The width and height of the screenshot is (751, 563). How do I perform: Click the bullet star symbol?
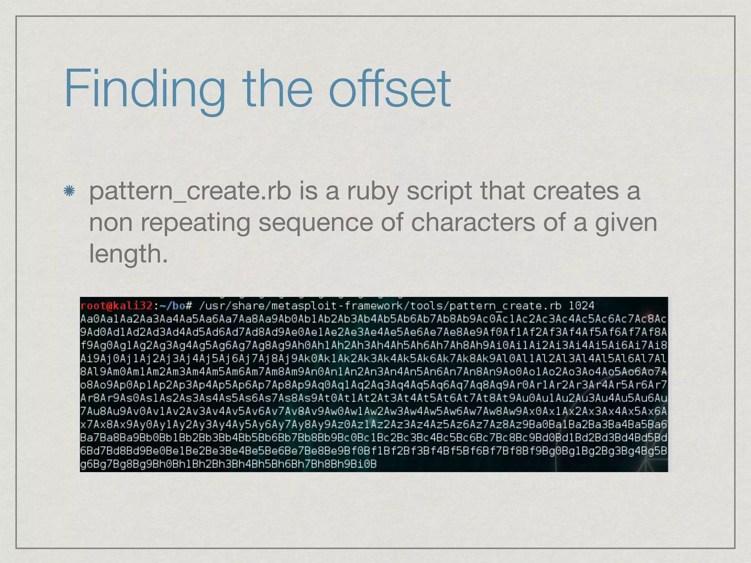coord(69,191)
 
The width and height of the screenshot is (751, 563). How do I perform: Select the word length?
coord(128,254)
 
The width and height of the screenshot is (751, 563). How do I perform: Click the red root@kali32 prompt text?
coord(116,306)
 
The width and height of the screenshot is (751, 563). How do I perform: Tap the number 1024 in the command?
coord(581,306)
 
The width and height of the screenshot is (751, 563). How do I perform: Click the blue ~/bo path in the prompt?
coord(172,306)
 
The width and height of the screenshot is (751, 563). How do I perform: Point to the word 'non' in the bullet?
coord(111,222)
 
